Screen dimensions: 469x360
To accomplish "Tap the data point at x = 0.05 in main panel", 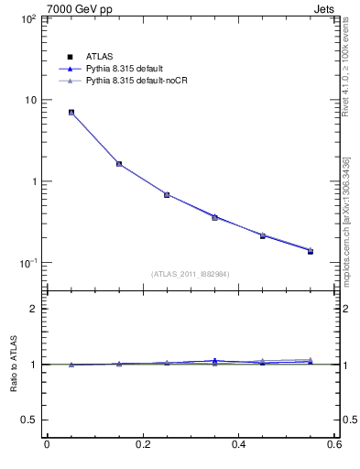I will (x=71, y=113).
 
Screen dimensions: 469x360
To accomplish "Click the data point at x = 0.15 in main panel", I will (x=119, y=164).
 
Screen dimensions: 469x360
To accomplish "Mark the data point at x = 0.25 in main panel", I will (x=167, y=194).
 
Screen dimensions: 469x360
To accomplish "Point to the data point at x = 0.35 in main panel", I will (x=214, y=217).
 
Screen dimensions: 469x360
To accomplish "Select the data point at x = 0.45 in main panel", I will (x=262, y=235).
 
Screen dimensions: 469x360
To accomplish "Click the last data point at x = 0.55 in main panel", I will (x=310, y=250).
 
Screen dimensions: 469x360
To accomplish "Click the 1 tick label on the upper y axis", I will (x=33, y=181).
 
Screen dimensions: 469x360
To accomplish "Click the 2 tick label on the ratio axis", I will (x=33, y=309).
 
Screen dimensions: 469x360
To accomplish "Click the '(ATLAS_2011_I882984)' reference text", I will (x=190, y=274).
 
